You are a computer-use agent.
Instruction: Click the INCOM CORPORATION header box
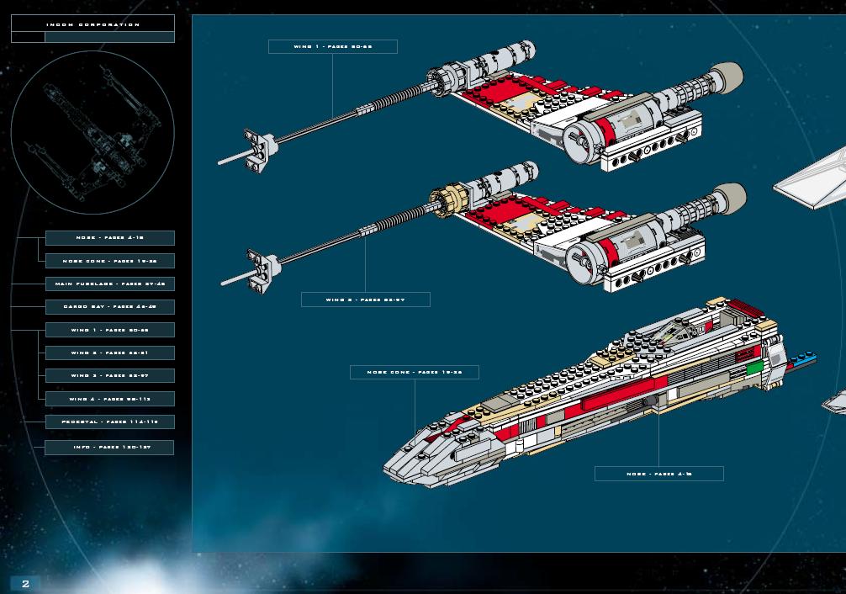pyautogui.click(x=93, y=24)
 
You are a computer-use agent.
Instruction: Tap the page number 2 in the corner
pyautogui.click(x=25, y=584)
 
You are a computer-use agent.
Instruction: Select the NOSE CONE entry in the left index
pyautogui.click(x=110, y=261)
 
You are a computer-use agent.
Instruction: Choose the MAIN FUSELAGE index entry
pyautogui.click(x=110, y=284)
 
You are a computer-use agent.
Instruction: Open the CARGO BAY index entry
pyautogui.click(x=110, y=306)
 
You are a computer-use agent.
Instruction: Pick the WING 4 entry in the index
pyautogui.click(x=110, y=398)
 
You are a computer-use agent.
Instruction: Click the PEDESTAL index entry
pyautogui.click(x=110, y=421)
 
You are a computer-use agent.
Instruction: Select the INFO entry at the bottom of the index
pyautogui.click(x=110, y=447)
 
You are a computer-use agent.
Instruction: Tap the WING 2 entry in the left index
pyautogui.click(x=110, y=353)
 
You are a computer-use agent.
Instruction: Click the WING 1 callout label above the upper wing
pyautogui.click(x=332, y=46)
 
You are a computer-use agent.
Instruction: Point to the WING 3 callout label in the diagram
pyautogui.click(x=365, y=300)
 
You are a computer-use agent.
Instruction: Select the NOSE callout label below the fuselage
pyautogui.click(x=658, y=474)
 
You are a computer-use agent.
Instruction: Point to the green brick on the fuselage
pyautogui.click(x=754, y=368)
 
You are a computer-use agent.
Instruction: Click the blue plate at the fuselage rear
pyautogui.click(x=803, y=359)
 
